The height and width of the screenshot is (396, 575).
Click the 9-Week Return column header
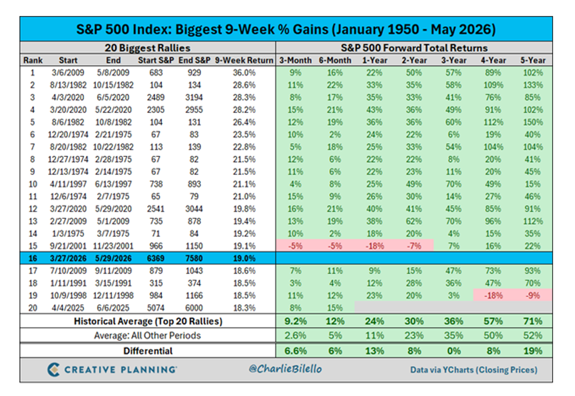point(244,60)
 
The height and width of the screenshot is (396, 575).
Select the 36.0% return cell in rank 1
point(244,73)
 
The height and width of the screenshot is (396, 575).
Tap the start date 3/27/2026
point(68,258)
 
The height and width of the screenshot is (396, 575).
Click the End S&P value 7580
point(194,258)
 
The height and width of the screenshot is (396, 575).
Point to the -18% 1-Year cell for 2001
point(374,246)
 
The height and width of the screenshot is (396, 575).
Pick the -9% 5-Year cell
point(533,296)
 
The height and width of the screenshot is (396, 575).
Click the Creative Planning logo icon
point(54,369)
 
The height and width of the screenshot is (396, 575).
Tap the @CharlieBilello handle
point(285,369)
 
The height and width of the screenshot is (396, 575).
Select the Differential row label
point(148,351)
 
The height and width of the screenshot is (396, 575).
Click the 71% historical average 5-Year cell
point(533,321)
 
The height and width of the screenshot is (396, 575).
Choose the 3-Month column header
point(295,60)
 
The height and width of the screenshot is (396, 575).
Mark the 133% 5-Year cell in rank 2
point(533,85)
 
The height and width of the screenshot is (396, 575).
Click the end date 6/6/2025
point(113,308)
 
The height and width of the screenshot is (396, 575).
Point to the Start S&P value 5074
point(156,308)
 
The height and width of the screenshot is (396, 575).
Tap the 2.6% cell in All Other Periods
point(295,335)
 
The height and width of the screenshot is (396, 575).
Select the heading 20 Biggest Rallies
point(147,48)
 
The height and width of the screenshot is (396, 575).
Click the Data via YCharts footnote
point(474,370)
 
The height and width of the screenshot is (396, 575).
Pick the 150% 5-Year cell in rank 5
point(533,122)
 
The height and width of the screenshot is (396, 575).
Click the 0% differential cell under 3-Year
point(454,351)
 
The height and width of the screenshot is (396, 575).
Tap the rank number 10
point(32,184)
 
